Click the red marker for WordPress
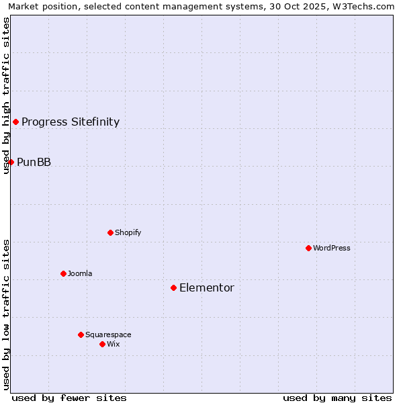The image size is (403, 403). pos(308,248)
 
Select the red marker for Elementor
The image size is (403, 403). pos(173,287)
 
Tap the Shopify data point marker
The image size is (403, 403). pos(110,232)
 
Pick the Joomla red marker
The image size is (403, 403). pos(63,273)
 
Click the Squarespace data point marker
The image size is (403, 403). pos(81,334)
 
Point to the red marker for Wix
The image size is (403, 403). pos(102,344)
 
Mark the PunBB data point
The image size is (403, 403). pos(11,162)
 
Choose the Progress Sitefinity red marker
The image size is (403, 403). pos(15,122)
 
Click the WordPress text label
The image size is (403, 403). pos(332,248)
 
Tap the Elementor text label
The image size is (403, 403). pos(207,287)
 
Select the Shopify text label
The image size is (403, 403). pos(128,232)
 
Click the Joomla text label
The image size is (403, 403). pos(80,273)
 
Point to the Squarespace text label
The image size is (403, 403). pos(108,334)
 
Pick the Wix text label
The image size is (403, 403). pos(114,344)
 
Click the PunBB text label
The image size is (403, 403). pos(34,162)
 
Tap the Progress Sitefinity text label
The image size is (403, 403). pos(71,122)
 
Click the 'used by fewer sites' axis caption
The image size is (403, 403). pos(69,398)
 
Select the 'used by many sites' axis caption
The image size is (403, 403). pos(337,398)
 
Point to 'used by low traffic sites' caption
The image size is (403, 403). pos(6,314)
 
